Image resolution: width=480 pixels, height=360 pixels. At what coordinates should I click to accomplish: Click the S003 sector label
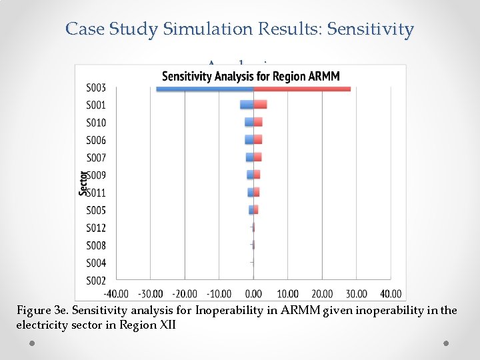pyautogui.click(x=96, y=87)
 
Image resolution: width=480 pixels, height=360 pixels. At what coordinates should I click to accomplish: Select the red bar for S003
pyautogui.click(x=302, y=88)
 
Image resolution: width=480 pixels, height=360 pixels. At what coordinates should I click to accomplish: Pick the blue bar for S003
pyautogui.click(x=204, y=88)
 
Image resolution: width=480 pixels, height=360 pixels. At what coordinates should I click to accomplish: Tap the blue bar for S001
pyautogui.click(x=247, y=105)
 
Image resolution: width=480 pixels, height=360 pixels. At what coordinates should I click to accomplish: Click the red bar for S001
pyautogui.click(x=260, y=105)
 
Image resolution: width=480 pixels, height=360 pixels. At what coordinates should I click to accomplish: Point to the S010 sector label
pyautogui.click(x=96, y=123)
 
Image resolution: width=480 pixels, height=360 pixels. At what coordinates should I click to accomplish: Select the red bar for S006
pyautogui.click(x=257, y=140)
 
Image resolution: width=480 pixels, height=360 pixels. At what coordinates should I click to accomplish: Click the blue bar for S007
pyautogui.click(x=249, y=157)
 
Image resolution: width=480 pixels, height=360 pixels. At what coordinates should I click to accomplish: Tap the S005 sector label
pyautogui.click(x=96, y=211)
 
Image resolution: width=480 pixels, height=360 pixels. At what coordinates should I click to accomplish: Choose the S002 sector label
pyautogui.click(x=96, y=281)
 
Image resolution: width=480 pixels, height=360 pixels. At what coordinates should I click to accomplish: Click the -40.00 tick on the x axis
pyautogui.click(x=116, y=294)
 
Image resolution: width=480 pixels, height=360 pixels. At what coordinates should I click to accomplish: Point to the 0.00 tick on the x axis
pyautogui.click(x=253, y=294)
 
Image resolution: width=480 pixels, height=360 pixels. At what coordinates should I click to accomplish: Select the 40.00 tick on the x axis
pyautogui.click(x=391, y=294)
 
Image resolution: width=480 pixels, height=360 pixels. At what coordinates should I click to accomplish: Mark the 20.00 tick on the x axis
pyautogui.click(x=322, y=294)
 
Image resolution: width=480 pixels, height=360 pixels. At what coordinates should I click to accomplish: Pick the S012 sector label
pyautogui.click(x=96, y=228)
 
